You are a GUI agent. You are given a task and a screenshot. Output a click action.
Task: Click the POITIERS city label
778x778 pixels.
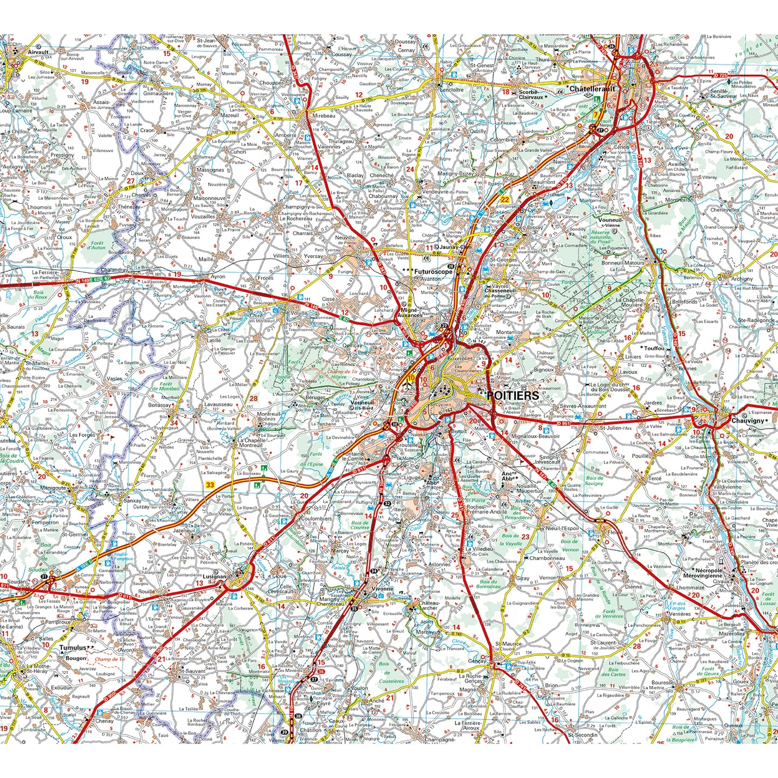tap(512, 395)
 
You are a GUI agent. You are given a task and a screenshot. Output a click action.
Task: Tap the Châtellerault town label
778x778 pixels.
tap(592, 89)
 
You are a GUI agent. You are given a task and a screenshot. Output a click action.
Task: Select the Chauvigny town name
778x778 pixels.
tap(748, 420)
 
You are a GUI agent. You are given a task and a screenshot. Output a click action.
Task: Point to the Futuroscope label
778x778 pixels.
tap(433, 272)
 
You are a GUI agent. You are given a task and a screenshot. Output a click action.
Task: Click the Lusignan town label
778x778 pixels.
tap(215, 577)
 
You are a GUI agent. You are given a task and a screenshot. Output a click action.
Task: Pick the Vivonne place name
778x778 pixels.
tap(382, 588)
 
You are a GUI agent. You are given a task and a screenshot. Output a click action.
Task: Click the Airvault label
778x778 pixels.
tap(38, 53)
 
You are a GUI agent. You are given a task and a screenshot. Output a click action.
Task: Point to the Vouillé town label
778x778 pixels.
tap(299, 313)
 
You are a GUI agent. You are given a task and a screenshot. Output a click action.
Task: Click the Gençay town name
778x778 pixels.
tap(478, 661)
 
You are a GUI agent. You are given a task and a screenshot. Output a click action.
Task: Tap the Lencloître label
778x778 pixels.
tap(452, 90)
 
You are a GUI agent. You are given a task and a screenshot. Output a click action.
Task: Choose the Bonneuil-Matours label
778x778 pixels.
tap(623, 263)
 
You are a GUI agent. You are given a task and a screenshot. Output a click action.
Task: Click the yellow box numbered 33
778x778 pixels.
tap(210, 485)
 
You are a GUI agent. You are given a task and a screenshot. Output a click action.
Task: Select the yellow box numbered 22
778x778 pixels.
tap(504, 199)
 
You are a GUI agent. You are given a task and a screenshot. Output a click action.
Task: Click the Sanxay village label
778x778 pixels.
tap(132, 500)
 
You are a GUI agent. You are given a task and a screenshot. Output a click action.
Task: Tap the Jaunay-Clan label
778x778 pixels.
tap(456, 247)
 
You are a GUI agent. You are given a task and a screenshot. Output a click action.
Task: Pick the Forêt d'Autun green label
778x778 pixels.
tap(97, 245)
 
